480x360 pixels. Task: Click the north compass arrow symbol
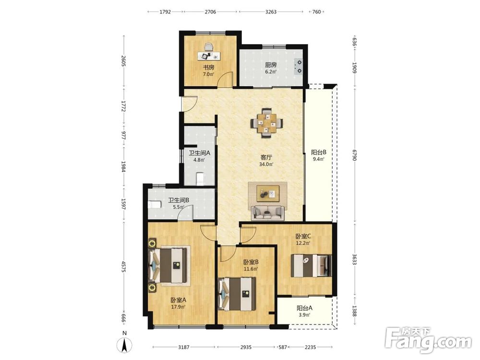(x=125, y=345)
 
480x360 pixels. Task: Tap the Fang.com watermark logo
(x=428, y=339)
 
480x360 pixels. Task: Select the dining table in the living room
(x=266, y=123)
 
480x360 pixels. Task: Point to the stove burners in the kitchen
(x=298, y=67)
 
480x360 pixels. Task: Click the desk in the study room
(x=209, y=56)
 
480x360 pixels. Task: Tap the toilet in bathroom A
(x=200, y=179)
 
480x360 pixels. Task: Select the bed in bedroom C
(x=311, y=265)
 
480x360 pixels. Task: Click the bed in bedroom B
(x=237, y=294)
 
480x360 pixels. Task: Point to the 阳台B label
(x=319, y=152)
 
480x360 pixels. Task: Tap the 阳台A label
(x=305, y=308)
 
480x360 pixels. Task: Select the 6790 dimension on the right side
(x=354, y=155)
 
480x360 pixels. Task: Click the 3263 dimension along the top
(x=271, y=12)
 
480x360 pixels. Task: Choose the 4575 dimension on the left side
(x=124, y=266)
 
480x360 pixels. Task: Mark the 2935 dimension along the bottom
(x=246, y=347)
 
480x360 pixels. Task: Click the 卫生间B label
(x=179, y=200)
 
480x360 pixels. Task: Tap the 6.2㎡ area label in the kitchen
(x=271, y=72)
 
